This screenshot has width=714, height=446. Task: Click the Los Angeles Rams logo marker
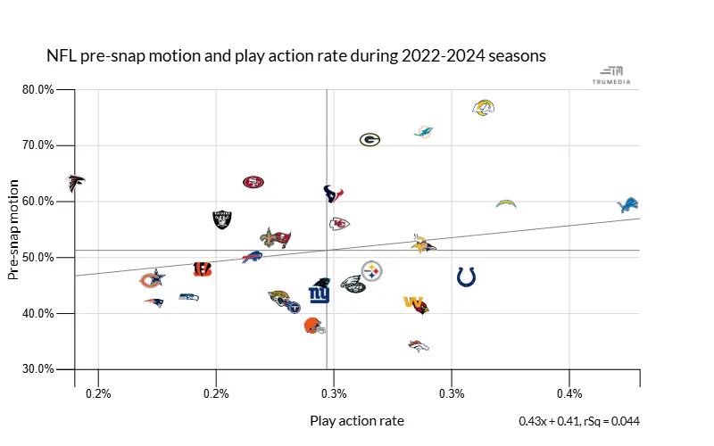[483, 108]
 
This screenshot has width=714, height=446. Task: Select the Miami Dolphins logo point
[424, 132]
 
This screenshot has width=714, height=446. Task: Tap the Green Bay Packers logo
[370, 139]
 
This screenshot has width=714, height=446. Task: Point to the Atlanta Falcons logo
[77, 183]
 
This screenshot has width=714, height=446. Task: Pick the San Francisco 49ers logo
[253, 182]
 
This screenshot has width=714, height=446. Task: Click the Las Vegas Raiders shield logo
[222, 219]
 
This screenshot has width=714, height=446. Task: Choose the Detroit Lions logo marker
[628, 206]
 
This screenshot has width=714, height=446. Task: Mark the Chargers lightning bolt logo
[506, 204]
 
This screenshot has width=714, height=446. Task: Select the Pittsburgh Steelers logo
[372, 270]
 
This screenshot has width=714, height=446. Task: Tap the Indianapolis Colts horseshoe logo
[466, 277]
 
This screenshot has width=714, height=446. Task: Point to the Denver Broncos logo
[419, 345]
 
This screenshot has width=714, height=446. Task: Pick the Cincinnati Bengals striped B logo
[203, 268]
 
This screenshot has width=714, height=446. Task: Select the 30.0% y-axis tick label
[37, 369]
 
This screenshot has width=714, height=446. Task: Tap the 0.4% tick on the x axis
[569, 392]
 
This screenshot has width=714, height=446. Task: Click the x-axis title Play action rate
[357, 420]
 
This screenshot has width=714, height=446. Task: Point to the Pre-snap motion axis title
[14, 229]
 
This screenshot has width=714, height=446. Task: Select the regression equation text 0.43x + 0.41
[549, 421]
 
